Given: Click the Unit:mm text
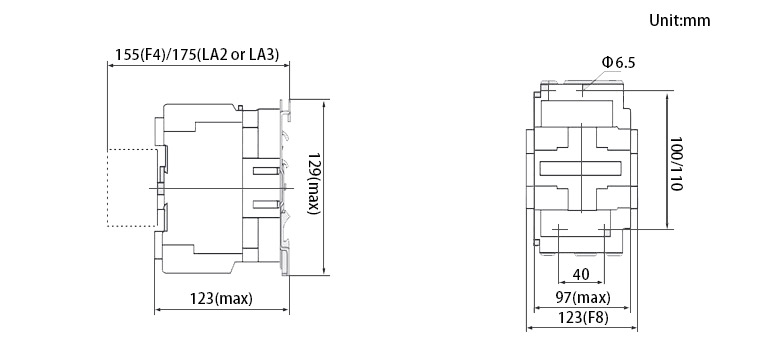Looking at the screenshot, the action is coord(680,21).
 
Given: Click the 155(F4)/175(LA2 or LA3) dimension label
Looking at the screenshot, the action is coord(197,54).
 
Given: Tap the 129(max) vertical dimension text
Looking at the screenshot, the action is coord(314,183).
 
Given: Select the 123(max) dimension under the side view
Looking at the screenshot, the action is coord(221,299).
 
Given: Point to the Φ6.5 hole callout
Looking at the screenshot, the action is coord(618,63).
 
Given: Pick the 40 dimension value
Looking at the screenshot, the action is coord(581,274).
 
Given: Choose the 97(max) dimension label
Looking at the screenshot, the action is coord(583,298).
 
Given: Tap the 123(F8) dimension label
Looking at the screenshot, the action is coord(583,318).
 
